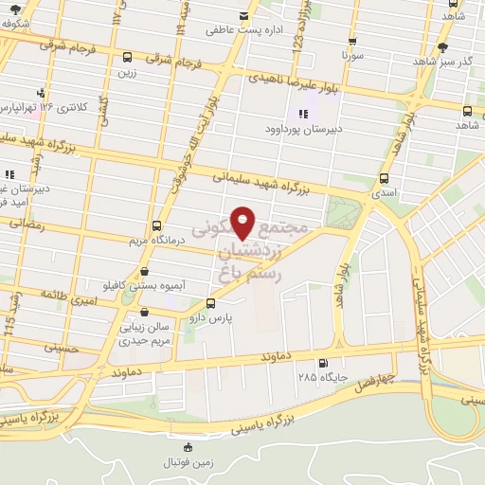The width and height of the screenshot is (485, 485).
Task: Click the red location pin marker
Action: pos(243,223)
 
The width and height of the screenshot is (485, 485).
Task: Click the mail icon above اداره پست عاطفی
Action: pos(244,15)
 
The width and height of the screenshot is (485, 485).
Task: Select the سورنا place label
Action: pos(352,56)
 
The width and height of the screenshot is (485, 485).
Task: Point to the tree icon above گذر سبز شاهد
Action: pos(442,47)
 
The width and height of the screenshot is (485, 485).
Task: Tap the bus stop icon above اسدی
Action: pos(384,178)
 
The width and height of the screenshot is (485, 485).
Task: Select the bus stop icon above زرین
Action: pos(126,58)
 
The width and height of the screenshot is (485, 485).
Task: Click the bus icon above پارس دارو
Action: pos(210,304)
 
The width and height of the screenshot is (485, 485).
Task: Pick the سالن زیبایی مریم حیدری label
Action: pos(145,332)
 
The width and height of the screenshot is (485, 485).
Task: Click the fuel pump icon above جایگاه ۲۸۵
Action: pos(325,363)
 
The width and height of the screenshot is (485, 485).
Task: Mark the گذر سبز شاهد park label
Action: pos(442,61)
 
